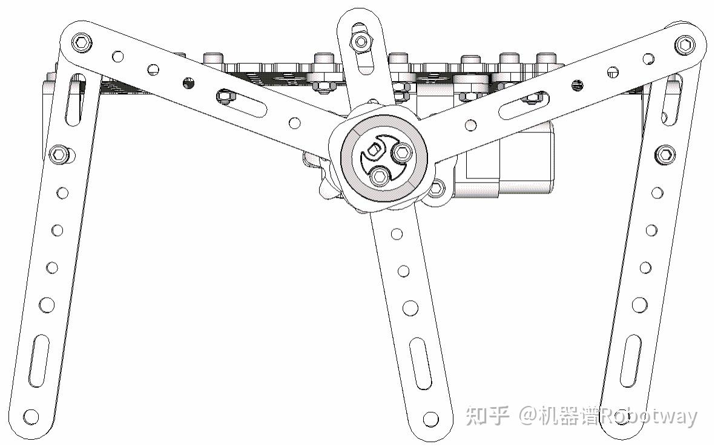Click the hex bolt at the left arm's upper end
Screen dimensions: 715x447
[81, 42]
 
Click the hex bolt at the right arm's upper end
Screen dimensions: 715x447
[685, 44]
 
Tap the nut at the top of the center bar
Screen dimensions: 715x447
[361, 41]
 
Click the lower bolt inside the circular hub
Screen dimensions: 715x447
[380, 176]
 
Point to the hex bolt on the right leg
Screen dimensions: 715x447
[665, 154]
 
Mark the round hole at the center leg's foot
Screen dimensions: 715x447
[430, 418]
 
